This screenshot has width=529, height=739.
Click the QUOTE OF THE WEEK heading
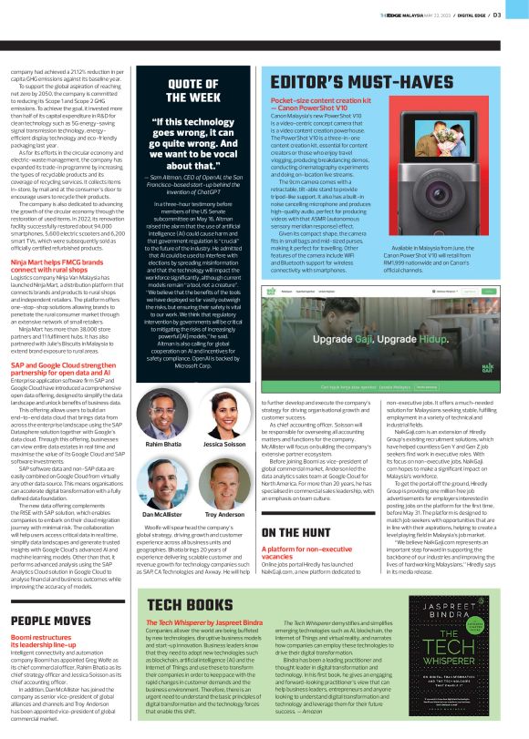(192, 89)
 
